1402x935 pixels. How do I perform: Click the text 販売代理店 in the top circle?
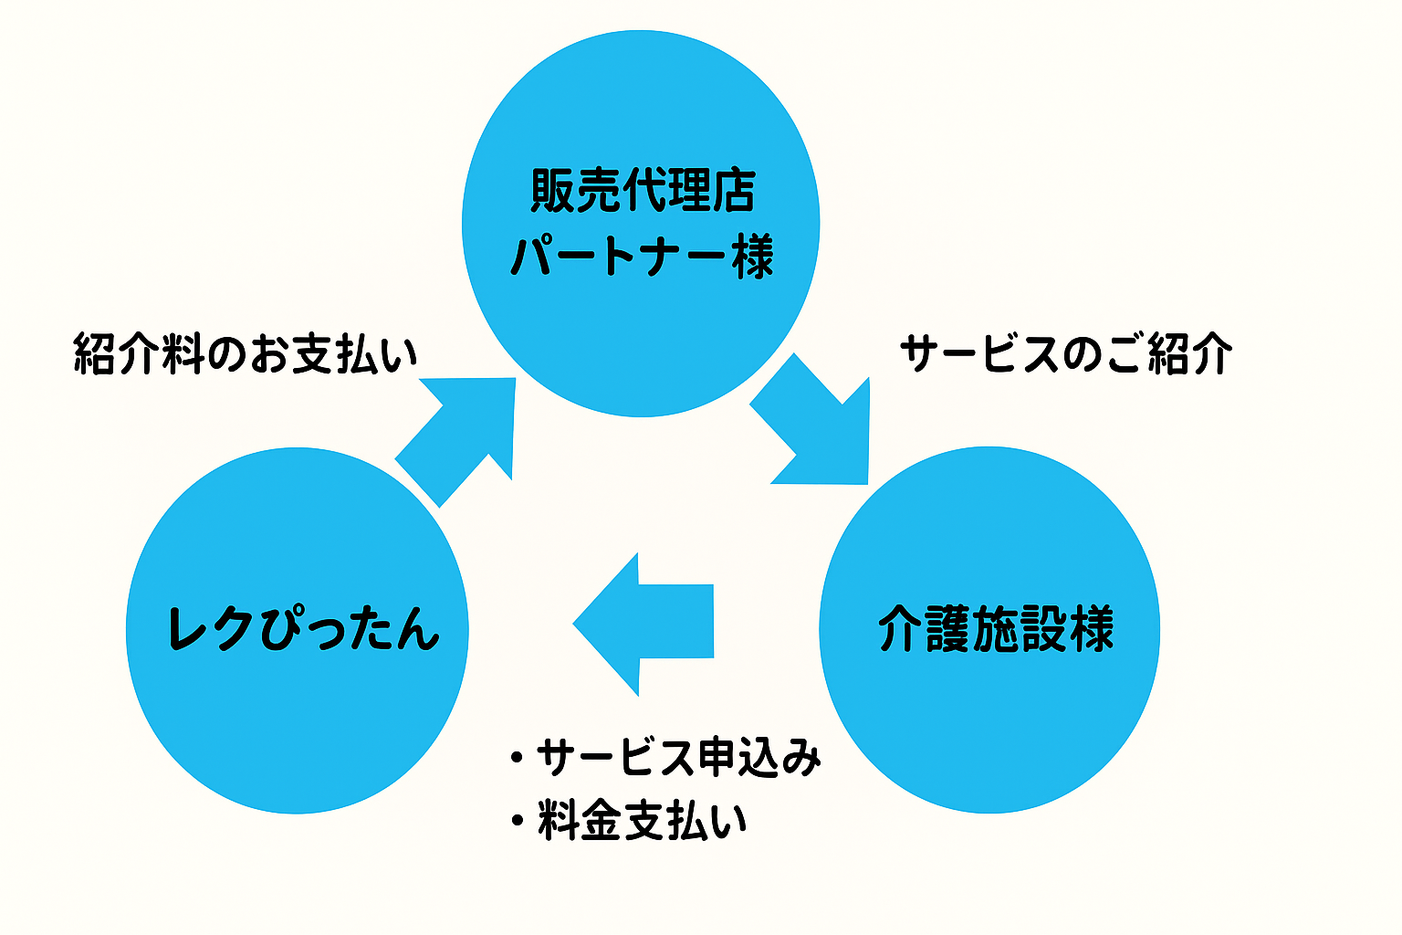[x=643, y=191]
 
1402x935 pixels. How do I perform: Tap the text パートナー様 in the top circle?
[x=643, y=257]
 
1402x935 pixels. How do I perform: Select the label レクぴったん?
[x=304, y=630]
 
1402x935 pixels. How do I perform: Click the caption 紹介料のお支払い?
[x=245, y=354]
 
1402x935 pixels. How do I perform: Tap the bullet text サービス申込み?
[x=678, y=758]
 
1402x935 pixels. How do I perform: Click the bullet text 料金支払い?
[x=643, y=820]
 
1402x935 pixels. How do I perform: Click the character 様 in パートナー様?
[x=752, y=257]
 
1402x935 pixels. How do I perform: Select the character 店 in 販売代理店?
[x=733, y=191]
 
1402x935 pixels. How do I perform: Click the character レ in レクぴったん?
[x=190, y=630]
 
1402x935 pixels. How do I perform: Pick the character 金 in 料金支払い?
[x=602, y=820]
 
